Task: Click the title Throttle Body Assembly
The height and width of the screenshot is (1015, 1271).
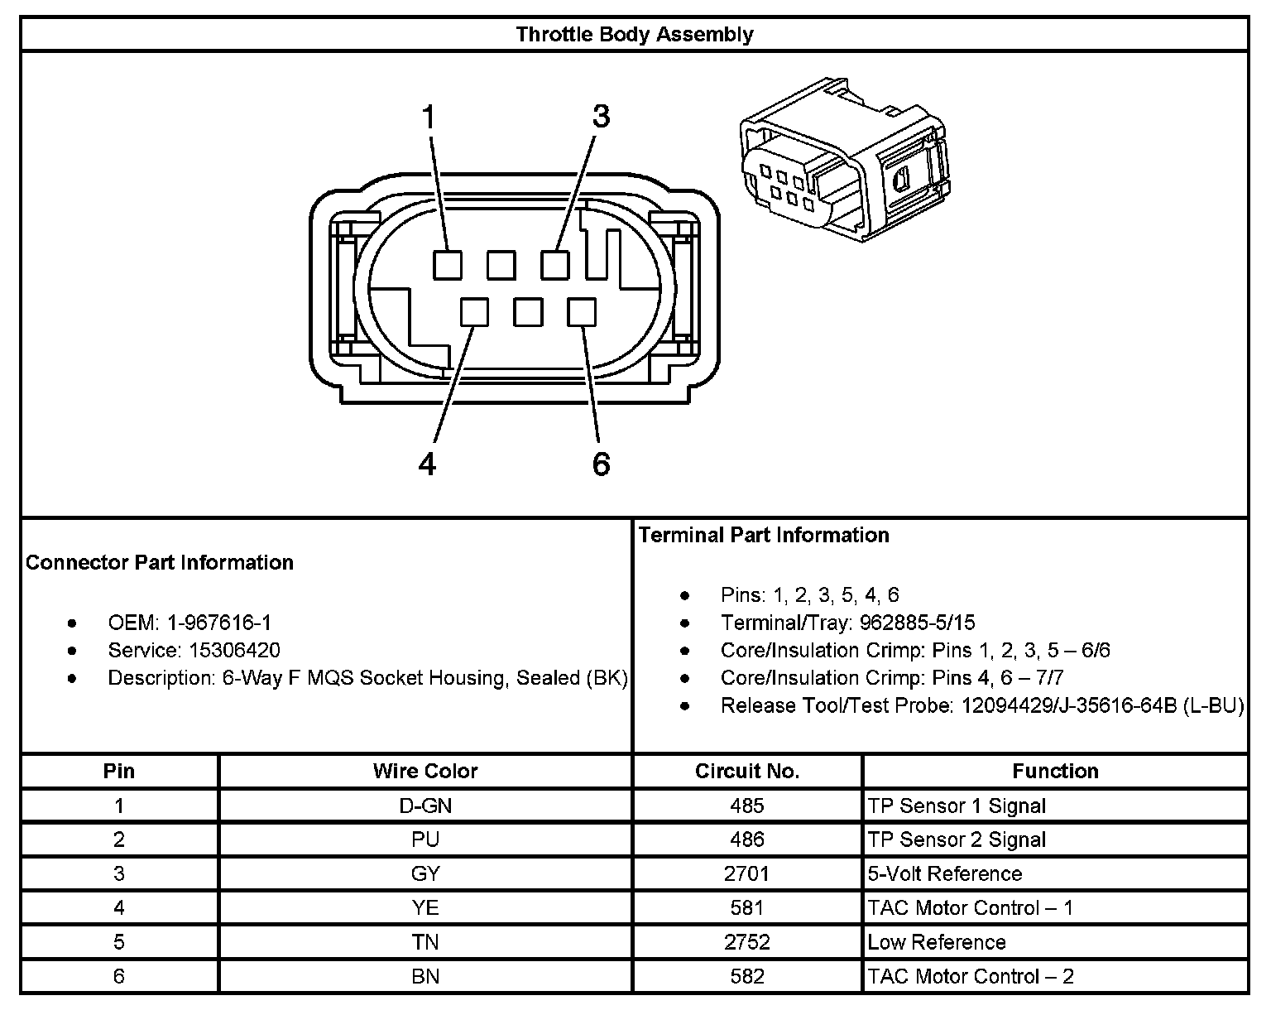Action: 635,35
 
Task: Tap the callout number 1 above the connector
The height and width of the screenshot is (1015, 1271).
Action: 428,117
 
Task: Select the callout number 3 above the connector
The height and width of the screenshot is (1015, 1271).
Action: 601,117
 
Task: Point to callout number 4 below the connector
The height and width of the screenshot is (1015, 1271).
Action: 427,464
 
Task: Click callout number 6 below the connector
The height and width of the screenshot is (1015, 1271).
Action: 601,464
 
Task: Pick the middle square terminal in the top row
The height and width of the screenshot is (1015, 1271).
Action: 501,266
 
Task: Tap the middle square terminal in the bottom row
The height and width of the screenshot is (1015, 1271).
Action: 528,312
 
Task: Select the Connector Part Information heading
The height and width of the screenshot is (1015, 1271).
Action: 160,562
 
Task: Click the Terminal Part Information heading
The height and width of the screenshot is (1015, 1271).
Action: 764,535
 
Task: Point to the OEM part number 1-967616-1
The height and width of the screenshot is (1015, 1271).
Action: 219,623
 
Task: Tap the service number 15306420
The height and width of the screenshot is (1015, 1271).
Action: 234,650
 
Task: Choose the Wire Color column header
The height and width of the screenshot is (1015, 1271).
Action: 425,771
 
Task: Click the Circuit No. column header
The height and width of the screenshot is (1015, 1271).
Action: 747,771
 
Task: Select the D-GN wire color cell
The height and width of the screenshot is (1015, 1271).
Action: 425,806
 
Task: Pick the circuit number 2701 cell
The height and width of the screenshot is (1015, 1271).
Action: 747,873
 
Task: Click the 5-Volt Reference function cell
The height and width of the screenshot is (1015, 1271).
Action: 945,873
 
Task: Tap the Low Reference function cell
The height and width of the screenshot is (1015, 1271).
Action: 937,942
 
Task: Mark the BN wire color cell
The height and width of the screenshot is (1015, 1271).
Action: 425,976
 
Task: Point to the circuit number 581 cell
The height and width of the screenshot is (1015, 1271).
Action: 747,908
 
